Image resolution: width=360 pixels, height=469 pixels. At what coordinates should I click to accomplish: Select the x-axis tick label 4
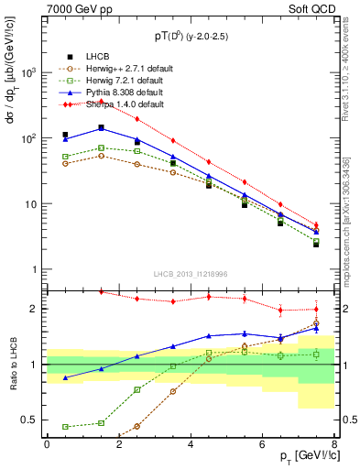[191, 444]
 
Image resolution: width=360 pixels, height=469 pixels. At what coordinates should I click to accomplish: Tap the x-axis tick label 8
[334, 444]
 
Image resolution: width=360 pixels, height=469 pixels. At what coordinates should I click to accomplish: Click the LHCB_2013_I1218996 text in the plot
[191, 275]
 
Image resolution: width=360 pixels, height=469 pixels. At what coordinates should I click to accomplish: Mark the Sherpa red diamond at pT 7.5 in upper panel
[316, 224]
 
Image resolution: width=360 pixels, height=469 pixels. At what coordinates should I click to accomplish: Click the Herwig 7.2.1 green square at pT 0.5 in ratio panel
[65, 427]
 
